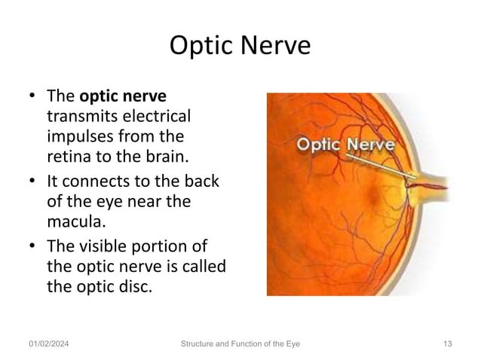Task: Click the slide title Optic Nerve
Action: [x=240, y=46]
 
